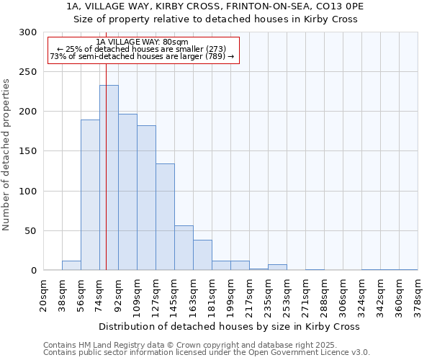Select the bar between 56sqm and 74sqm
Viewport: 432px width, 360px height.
[x=90, y=195]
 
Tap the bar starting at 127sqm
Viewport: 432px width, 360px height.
[x=165, y=217]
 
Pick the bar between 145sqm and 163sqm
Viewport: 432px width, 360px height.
[x=184, y=248]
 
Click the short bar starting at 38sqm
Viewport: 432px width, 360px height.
[x=71, y=266]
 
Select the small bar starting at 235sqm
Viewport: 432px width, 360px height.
[x=277, y=267]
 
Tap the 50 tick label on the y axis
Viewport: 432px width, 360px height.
[x=31, y=231]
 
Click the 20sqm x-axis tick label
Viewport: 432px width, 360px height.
[x=43, y=296]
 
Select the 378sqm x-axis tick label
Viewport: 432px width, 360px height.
[x=418, y=296]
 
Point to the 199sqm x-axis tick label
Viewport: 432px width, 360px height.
[x=230, y=296]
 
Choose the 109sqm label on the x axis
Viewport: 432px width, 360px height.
[x=137, y=296]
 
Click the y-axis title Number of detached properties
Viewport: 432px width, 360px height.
[x=7, y=151]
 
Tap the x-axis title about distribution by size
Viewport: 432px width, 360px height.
[x=230, y=326]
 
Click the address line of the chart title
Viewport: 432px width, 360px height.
[x=215, y=6]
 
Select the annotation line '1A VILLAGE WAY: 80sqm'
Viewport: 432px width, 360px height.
[x=142, y=42]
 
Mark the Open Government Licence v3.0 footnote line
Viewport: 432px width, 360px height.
[x=207, y=353]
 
